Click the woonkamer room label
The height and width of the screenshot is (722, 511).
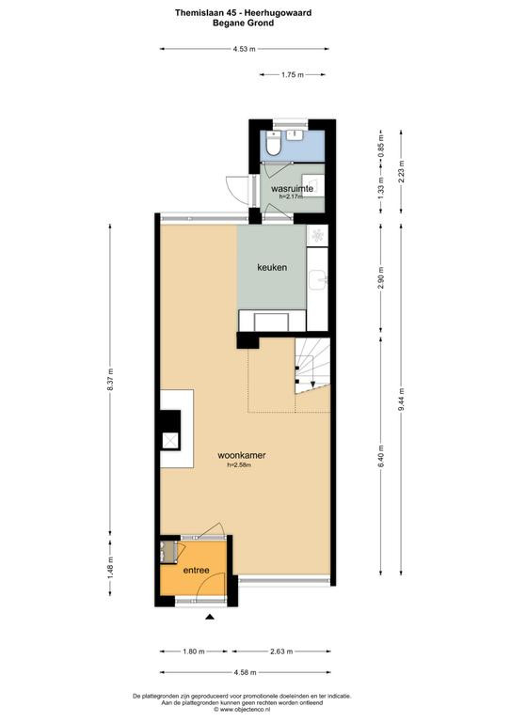242,455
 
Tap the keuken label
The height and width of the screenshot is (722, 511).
272,267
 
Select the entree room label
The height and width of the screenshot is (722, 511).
197,570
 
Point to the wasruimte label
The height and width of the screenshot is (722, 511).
292,189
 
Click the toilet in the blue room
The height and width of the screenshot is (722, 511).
273,145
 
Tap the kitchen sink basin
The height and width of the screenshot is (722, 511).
318,279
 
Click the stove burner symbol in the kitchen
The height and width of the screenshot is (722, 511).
317,236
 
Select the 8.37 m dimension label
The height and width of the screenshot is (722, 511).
110,380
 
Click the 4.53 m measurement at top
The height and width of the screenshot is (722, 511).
245,49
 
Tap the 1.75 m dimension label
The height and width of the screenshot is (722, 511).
293,74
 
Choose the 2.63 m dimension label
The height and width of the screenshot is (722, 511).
281,651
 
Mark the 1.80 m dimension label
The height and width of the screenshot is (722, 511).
194,651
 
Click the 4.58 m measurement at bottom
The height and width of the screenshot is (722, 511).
245,672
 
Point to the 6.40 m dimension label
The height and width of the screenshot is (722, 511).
380,456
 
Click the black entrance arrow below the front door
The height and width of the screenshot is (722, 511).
210,617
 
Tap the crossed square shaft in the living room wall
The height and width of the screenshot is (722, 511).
170,441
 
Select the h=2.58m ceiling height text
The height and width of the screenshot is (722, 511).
240,465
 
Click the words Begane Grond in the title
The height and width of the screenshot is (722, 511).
244,23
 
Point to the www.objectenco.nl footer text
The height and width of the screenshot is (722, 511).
242,710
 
